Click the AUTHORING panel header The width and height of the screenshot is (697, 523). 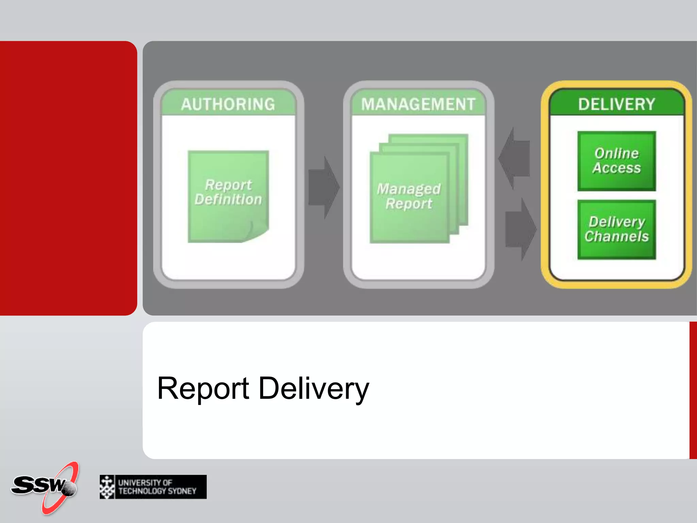coord(228,104)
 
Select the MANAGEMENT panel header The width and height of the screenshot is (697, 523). coord(418,104)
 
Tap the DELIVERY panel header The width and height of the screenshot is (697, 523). coord(616,104)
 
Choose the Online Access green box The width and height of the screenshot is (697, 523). coord(616,161)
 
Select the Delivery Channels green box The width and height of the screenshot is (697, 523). coord(616,229)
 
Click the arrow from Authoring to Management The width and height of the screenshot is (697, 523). coord(323,187)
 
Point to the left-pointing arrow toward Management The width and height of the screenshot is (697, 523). coord(515,158)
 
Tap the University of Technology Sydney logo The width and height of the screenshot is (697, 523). coord(153,487)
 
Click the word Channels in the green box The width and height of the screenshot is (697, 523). coord(616,236)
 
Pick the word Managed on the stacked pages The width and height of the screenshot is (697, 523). coord(408,189)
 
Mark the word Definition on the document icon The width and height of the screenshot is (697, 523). coord(228,200)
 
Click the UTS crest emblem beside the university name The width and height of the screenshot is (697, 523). coord(107,487)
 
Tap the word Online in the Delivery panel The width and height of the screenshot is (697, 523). coord(616,153)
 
